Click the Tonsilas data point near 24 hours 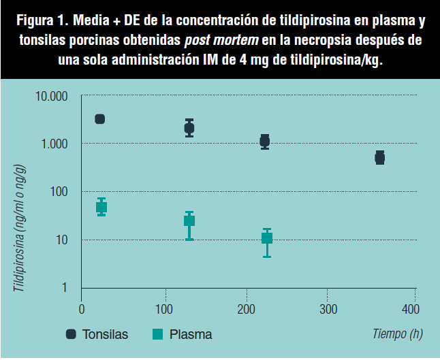point(100,119)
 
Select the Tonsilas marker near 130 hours point(189,128)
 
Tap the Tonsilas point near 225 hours point(265,141)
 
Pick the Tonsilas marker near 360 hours point(380,158)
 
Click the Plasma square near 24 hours point(101,207)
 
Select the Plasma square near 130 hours point(189,220)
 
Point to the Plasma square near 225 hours point(267,238)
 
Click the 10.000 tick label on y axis point(51,97)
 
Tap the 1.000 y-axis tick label point(54,144)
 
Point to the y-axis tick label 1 point(65,288)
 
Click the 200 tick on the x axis point(246,310)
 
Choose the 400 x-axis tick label point(411,310)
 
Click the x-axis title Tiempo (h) point(396,333)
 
